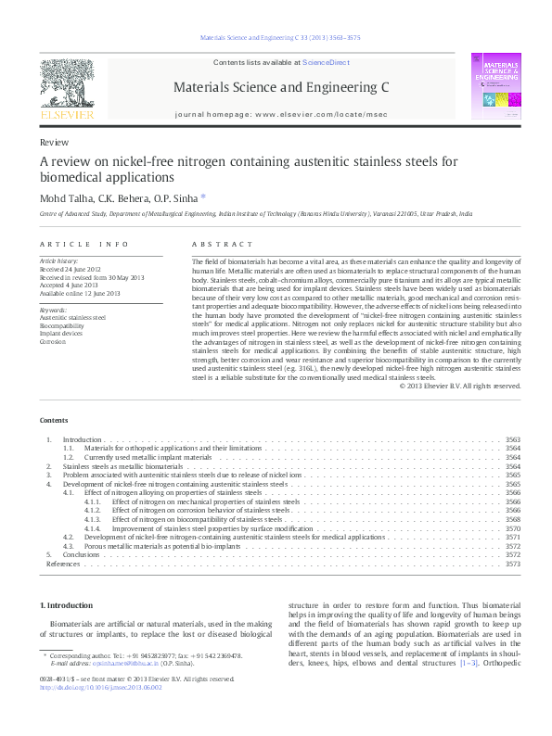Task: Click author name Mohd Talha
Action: point(63,197)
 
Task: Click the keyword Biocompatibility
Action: point(61,326)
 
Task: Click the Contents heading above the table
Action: point(53,419)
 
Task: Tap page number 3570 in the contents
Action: point(512,527)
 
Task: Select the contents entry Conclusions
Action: point(80,554)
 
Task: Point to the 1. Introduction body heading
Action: point(65,604)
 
